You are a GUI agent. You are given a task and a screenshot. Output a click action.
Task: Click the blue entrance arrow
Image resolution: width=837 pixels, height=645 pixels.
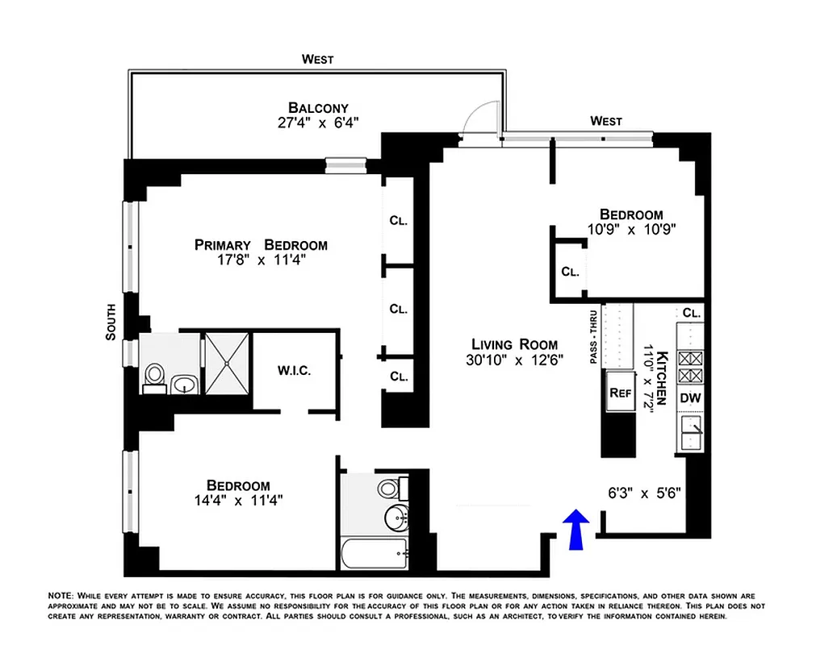point(575,531)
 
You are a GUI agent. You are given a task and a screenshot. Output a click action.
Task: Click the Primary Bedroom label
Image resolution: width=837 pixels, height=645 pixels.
point(261,245)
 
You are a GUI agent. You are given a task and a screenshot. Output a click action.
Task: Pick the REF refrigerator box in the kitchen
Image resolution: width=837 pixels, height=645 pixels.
point(619,394)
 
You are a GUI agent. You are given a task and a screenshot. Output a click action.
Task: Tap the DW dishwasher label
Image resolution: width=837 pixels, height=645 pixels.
point(690,397)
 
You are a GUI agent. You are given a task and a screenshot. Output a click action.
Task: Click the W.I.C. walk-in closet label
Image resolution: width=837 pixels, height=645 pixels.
point(294,371)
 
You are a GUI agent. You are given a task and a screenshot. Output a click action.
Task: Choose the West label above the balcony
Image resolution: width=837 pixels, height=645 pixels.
point(317,59)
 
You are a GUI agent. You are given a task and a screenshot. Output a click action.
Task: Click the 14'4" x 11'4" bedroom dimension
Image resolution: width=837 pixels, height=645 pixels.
point(238,500)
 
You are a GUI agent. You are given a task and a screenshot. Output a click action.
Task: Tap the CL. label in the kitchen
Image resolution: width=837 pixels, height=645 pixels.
point(691,313)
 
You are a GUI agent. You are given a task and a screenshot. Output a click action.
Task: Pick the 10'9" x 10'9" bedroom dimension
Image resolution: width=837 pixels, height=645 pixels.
point(631,229)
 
